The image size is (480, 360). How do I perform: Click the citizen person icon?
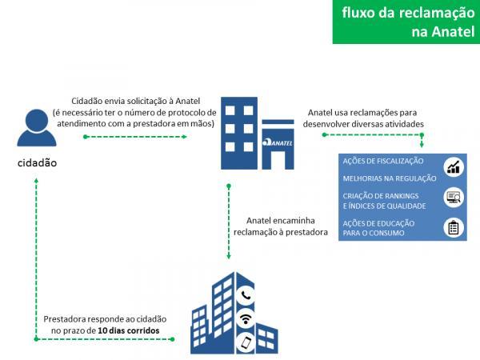click(x=37, y=128)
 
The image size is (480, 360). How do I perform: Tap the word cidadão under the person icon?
click(x=37, y=163)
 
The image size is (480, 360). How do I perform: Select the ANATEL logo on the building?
click(x=278, y=142)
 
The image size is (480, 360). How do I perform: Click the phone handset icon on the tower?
click(x=246, y=295)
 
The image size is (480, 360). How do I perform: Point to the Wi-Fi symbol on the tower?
click(x=246, y=318)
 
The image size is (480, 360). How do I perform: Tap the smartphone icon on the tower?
click(x=246, y=342)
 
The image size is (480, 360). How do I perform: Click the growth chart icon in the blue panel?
click(x=454, y=167)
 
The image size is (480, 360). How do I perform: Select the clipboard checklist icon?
click(x=454, y=228)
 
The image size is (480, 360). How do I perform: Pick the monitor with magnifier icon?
click(x=454, y=198)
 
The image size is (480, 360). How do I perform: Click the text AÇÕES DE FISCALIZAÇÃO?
click(x=383, y=161)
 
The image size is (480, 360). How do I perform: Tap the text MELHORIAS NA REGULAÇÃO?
click(x=390, y=178)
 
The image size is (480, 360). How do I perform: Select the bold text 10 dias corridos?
click(x=129, y=330)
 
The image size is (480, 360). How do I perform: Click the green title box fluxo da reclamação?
click(x=406, y=22)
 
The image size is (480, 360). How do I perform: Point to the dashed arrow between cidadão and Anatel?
click(x=135, y=137)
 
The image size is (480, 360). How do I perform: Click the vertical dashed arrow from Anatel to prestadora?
click(x=228, y=222)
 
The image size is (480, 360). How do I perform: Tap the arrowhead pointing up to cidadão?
click(x=36, y=182)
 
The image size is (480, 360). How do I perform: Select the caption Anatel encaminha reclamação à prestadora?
click(x=281, y=226)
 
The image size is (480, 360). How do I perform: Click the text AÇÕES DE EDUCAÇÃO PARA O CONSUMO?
click(x=378, y=228)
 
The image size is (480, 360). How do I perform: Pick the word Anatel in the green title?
click(x=443, y=31)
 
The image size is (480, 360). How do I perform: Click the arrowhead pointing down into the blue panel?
click(x=422, y=145)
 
